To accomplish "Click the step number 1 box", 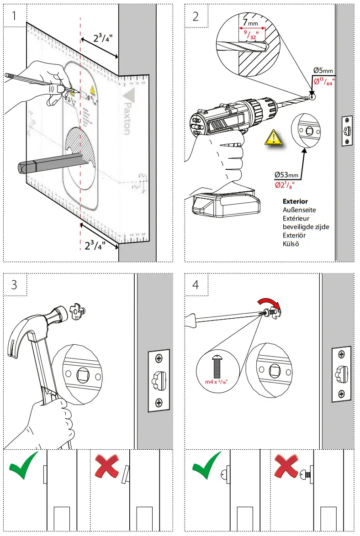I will coord(15,16).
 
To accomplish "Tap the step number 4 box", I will coord(196,285).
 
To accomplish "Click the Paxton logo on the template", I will coord(127,112).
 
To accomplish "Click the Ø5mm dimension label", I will coord(323,70).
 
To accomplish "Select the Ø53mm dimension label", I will coord(287,175).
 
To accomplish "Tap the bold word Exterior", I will coord(295,201).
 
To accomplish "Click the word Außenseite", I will coord(299,210).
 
